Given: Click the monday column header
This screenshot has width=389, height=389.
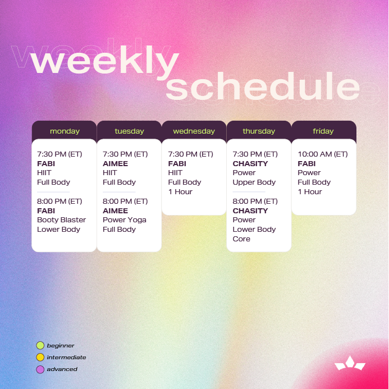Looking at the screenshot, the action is pyautogui.click(x=65, y=131).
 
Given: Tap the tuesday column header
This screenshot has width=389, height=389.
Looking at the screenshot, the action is pyautogui.click(x=129, y=131).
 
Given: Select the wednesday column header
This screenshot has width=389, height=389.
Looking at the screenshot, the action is pyautogui.click(x=194, y=131).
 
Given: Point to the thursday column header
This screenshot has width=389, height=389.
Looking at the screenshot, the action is pyautogui.click(x=259, y=131).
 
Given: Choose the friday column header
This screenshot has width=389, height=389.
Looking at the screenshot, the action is pyautogui.click(x=323, y=131).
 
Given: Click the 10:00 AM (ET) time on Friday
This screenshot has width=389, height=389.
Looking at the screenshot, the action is pyautogui.click(x=323, y=154).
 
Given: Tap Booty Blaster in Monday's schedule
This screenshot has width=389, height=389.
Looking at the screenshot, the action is pyautogui.click(x=61, y=220).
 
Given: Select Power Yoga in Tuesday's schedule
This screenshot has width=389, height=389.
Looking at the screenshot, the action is pyautogui.click(x=124, y=220).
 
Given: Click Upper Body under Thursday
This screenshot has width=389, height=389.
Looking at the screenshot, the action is pyautogui.click(x=254, y=182).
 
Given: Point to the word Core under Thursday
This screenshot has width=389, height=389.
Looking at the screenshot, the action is pyautogui.click(x=241, y=239).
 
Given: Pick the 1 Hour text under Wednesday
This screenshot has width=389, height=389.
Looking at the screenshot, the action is pyautogui.click(x=180, y=192).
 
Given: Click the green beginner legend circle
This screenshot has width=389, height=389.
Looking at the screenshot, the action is pyautogui.click(x=40, y=345).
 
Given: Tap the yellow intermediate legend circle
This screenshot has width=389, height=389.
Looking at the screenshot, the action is pyautogui.click(x=40, y=357).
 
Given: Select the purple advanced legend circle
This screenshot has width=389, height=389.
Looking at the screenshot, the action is pyautogui.click(x=40, y=369).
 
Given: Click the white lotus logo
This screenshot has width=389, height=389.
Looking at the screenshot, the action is pyautogui.click(x=350, y=363).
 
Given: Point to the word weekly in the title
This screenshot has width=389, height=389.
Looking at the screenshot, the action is pyautogui.click(x=105, y=62).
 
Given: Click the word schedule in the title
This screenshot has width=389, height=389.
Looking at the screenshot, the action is pyautogui.click(x=263, y=86).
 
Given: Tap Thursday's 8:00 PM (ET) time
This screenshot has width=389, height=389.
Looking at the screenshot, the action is pyautogui.click(x=255, y=202).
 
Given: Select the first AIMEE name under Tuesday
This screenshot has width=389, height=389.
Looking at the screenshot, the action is pyautogui.click(x=116, y=164).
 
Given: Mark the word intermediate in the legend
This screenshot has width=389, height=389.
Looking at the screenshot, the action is pyautogui.click(x=66, y=358).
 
